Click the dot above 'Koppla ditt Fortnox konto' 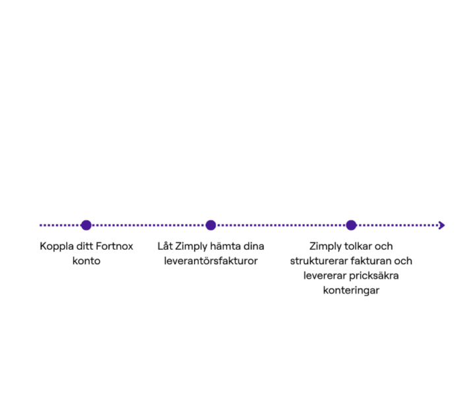(86, 225)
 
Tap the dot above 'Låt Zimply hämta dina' (210, 225)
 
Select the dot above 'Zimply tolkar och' (351, 225)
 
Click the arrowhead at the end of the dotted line (441, 225)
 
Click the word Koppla (57, 246)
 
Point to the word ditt (85, 246)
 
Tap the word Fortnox (115, 246)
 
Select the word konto (86, 261)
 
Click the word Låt (165, 246)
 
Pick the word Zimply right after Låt (191, 246)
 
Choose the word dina (254, 246)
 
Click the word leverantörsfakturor (211, 261)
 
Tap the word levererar (325, 275)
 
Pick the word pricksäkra (374, 276)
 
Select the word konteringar (351, 291)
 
